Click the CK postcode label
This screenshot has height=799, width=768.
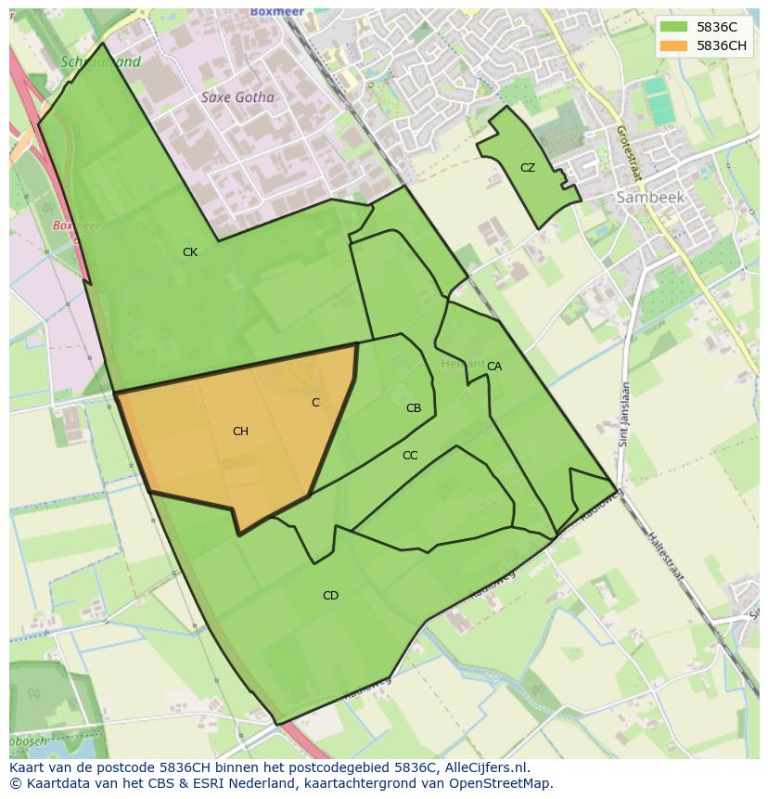tap(189, 252)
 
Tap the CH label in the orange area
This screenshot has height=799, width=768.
tap(240, 432)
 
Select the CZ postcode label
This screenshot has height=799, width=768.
tap(527, 168)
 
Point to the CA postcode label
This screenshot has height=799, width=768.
tap(494, 367)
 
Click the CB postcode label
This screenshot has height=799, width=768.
tap(414, 408)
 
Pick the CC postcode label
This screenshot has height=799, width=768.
tap(410, 456)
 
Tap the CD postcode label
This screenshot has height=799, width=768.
tap(330, 596)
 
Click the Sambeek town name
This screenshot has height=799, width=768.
tap(650, 198)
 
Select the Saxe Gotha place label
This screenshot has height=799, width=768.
tap(237, 97)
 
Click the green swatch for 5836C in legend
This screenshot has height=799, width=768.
tap(674, 27)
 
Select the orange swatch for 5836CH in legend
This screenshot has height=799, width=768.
tap(674, 45)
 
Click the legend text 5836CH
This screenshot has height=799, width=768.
tap(723, 45)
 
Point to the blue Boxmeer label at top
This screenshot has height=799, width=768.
tap(276, 11)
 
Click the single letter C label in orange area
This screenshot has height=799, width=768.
tap(315, 403)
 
